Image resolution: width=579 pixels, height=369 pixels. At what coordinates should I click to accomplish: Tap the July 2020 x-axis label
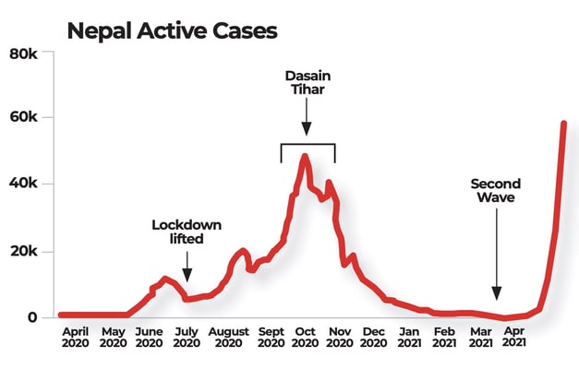tap(187, 337)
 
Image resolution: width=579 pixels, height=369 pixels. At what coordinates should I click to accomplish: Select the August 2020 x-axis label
tap(228, 337)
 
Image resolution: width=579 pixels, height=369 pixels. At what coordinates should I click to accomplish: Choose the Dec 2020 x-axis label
tap(374, 337)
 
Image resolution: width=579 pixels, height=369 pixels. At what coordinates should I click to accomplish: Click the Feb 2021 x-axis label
tap(444, 337)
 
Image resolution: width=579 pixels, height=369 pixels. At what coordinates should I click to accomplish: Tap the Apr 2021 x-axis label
tap(514, 337)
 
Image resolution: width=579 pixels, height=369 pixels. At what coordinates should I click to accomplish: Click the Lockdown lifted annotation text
tap(187, 232)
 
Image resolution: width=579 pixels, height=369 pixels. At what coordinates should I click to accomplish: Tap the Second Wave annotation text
tap(496, 190)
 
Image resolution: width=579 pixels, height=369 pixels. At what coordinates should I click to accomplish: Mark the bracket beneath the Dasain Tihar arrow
tap(308, 145)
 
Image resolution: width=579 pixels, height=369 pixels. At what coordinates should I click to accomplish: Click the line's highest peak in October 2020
tap(305, 158)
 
